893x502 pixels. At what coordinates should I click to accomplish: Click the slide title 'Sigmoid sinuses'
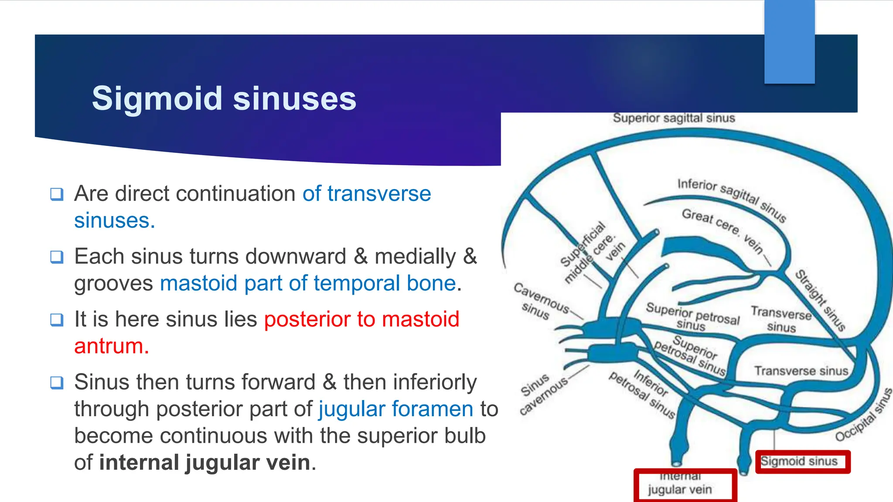(224, 98)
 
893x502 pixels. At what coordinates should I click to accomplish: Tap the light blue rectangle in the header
(789, 42)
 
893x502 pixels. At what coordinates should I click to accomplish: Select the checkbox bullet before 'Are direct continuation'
(57, 194)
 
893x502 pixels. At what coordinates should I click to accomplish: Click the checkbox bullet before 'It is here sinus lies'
(57, 320)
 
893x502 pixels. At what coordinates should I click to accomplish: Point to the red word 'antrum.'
(112, 346)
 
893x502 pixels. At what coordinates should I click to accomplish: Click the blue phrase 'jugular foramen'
(396, 409)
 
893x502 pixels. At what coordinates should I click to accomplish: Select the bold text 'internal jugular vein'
(205, 462)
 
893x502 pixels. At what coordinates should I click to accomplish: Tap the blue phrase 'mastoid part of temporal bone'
(308, 283)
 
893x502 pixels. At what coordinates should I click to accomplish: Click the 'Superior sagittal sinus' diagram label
(674, 118)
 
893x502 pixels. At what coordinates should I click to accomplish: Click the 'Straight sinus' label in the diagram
(820, 301)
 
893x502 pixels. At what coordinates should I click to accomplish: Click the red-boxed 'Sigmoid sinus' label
(799, 461)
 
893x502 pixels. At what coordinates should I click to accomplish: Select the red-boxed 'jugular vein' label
(680, 489)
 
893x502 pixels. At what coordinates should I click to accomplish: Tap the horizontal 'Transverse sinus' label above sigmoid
(801, 371)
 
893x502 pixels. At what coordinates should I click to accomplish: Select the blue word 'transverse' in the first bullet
(379, 193)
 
